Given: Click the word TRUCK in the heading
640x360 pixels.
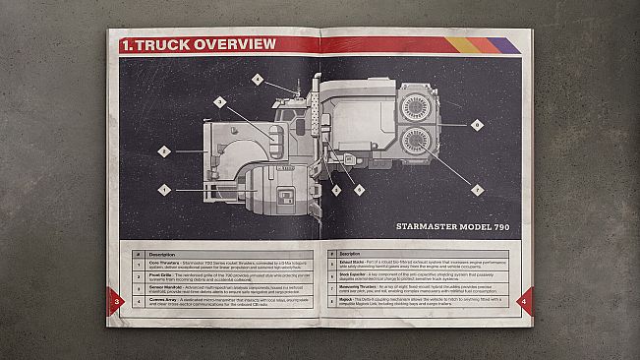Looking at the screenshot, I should point(162,44).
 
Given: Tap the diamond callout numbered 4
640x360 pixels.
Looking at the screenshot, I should point(258,79).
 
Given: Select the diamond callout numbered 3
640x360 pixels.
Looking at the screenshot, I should point(219,101).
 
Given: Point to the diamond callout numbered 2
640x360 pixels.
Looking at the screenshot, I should point(164,151).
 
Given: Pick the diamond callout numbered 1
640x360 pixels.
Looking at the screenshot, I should point(164,189).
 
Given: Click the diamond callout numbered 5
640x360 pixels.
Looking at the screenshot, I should point(336,190).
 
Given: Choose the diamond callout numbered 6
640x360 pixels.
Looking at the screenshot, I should point(359,190).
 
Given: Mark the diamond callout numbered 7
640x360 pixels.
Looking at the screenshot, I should point(477,190).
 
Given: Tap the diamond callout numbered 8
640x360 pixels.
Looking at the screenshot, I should point(476,125).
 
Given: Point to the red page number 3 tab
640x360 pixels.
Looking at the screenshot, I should point(118,300).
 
